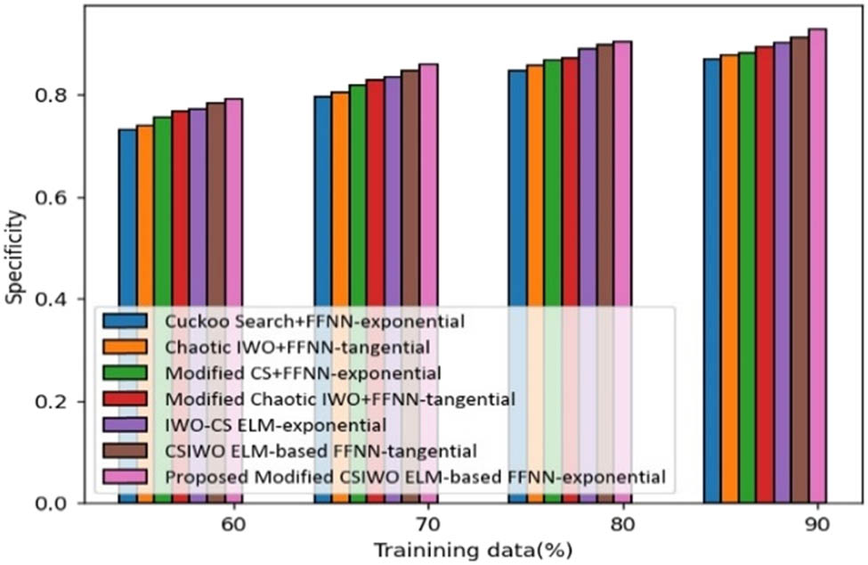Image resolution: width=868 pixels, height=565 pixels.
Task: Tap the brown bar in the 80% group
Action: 604,178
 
